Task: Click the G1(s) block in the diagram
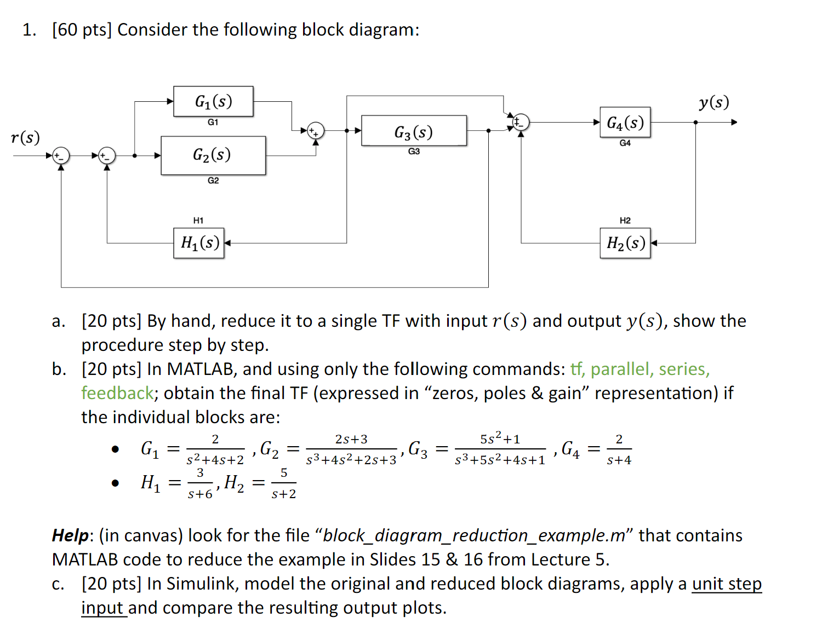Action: [213, 101]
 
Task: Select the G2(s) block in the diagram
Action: [213, 155]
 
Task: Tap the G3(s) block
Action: [414, 131]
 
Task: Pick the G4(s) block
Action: [625, 122]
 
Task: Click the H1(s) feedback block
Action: [199, 243]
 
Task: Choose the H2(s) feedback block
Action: [625, 243]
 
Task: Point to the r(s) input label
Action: [25, 137]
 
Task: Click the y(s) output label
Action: [713, 102]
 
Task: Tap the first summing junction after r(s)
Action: [61, 155]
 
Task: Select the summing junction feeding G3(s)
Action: [316, 131]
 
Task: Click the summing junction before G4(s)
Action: [521, 122]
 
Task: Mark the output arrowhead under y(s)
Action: [734, 122]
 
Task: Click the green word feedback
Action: [117, 393]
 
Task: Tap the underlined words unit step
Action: [727, 584]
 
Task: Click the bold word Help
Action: [70, 535]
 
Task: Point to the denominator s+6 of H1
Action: [200, 494]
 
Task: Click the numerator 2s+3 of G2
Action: [351, 439]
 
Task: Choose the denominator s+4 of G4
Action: [619, 460]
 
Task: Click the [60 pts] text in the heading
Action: [82, 30]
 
